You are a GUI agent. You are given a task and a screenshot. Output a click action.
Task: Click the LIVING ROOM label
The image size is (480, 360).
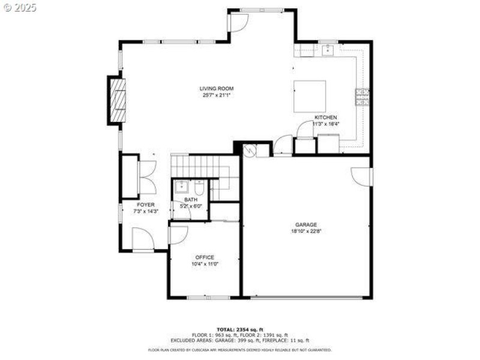pyautogui.click(x=217, y=89)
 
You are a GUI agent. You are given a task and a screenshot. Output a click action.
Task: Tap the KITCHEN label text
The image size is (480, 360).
pyautogui.click(x=326, y=118)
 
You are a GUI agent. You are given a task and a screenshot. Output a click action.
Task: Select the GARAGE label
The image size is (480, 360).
pyautogui.click(x=305, y=225)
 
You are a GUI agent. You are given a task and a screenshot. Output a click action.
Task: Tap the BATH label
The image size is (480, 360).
pyautogui.click(x=190, y=200)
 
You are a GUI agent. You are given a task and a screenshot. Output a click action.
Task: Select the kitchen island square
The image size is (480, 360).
pyautogui.click(x=310, y=96)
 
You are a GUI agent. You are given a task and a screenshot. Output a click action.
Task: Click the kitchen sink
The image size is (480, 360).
pyautogui.click(x=328, y=50)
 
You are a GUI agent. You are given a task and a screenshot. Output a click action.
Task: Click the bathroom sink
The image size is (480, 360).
pyautogui.click(x=180, y=187)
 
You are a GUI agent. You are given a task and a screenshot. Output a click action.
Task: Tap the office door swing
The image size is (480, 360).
pyautogui.click(x=178, y=235)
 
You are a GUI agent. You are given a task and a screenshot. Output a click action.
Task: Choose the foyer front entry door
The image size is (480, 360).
pyautogui.click(x=143, y=240)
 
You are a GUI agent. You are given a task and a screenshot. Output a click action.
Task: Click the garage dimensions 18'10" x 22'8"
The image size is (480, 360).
pyautogui.click(x=305, y=232)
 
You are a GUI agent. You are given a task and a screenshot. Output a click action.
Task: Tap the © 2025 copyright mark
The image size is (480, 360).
pyautogui.click(x=19, y=8)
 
